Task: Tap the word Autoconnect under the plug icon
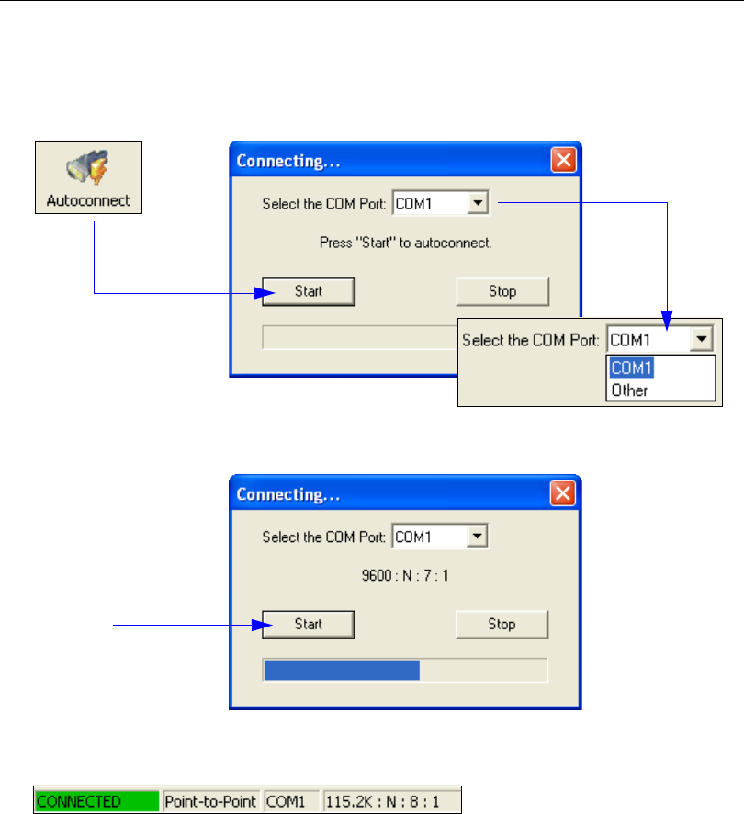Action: tap(88, 200)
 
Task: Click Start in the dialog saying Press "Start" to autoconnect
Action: tap(309, 291)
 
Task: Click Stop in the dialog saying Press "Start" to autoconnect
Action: tap(502, 291)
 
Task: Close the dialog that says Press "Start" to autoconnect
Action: tap(563, 161)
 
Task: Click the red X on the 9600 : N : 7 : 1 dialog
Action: tap(563, 493)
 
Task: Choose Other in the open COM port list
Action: tap(629, 390)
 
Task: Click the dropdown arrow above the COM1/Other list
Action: tap(702, 340)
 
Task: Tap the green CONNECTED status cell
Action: tap(97, 800)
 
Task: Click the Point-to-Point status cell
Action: tap(212, 800)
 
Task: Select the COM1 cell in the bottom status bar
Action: tap(291, 800)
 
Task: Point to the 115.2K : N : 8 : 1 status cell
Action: tap(390, 800)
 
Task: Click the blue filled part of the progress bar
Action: tap(341, 670)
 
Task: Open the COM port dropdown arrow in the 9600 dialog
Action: tap(477, 537)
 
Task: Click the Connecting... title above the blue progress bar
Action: tap(289, 493)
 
